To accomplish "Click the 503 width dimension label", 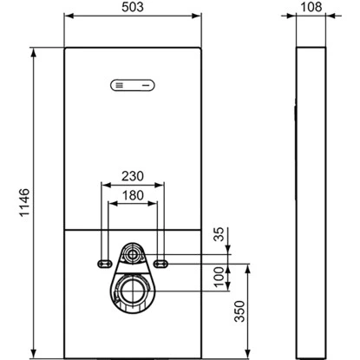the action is click(133, 7).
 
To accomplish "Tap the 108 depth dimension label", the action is click(311, 7).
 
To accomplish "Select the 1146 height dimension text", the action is click(25, 202).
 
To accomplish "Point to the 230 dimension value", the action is click(133, 176).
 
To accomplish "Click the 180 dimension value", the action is click(133, 195).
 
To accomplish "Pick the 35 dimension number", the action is click(219, 234).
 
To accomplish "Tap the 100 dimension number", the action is click(219, 277).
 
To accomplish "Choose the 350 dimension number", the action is click(239, 311).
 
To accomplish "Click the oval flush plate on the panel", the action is click(133, 85).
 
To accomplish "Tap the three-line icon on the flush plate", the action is click(119, 85).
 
